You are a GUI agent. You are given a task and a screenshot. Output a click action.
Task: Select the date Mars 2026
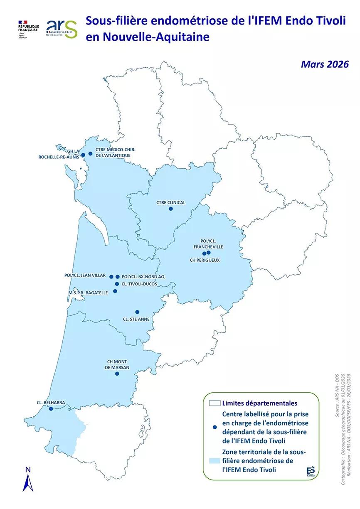[325, 64]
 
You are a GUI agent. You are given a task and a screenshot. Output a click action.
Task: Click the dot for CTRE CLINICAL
[170, 209]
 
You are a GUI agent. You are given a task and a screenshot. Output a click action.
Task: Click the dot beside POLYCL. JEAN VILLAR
[111, 276]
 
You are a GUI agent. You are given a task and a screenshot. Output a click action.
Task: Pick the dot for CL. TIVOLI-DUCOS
[117, 284]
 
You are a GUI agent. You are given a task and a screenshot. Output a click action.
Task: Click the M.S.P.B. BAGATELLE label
[88, 292]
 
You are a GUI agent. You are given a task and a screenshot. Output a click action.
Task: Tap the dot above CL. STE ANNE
[137, 312]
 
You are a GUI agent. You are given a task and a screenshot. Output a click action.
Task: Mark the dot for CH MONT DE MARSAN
[117, 374]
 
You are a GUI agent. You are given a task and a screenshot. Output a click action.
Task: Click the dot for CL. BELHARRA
[51, 409]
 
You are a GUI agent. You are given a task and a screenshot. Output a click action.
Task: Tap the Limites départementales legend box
[215, 403]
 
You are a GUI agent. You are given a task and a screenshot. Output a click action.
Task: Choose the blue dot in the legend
[215, 427]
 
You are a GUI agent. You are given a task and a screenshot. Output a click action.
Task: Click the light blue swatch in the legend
[215, 461]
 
